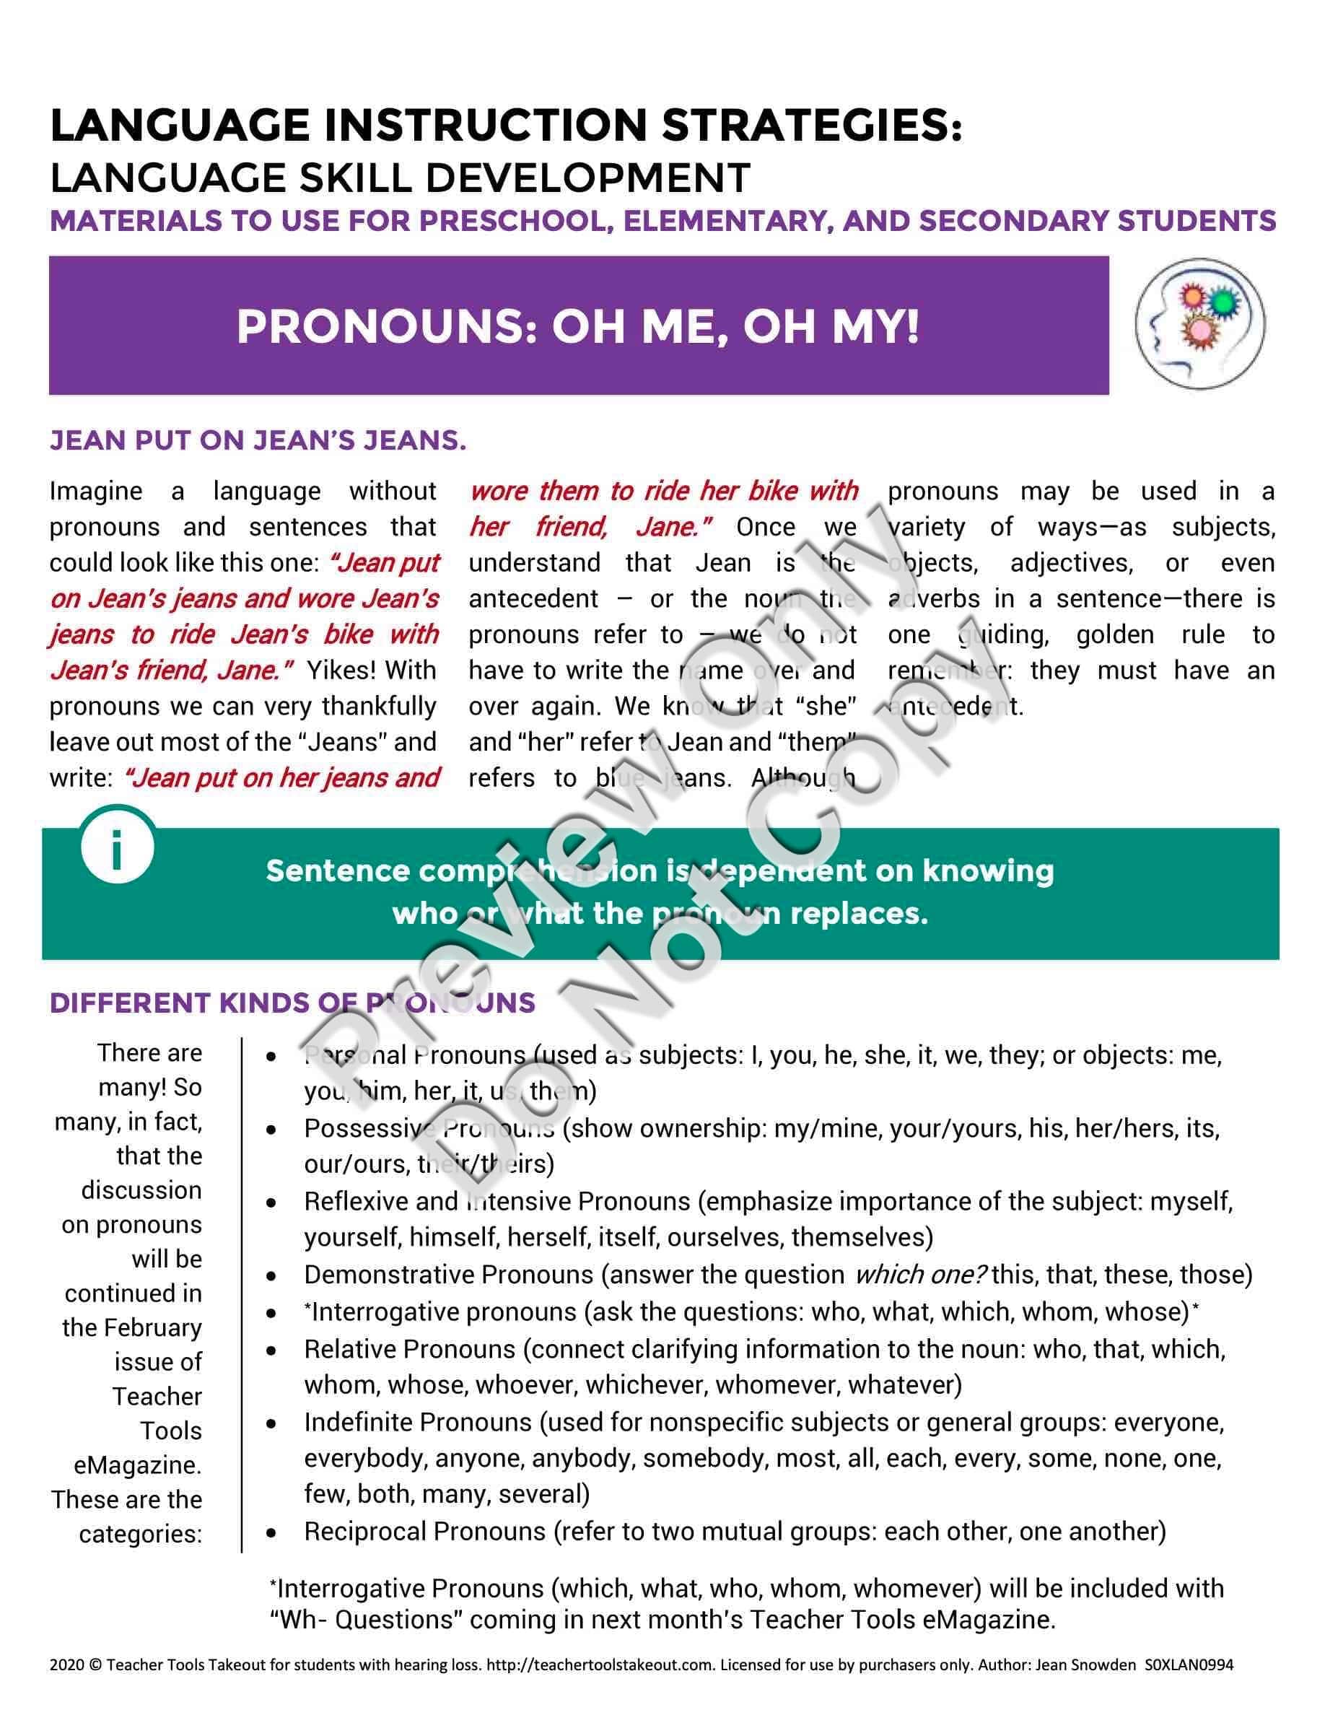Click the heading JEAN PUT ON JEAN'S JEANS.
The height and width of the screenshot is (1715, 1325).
pos(258,440)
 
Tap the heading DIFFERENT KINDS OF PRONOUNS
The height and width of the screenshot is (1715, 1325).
pos(292,1003)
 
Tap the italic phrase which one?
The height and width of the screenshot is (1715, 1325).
pos(919,1275)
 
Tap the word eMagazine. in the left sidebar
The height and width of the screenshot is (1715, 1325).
pos(137,1465)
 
